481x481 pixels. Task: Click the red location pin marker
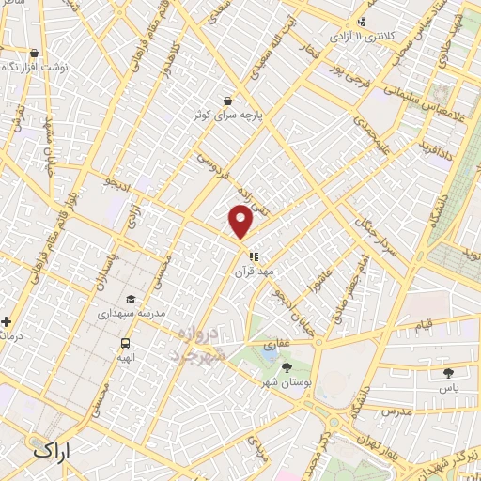[241, 222]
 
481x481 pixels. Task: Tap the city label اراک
[52, 451]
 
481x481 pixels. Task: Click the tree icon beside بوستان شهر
[287, 367]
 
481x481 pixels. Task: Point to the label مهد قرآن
[254, 271]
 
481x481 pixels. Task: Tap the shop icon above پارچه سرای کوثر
[228, 101]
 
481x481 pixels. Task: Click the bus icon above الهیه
[125, 343]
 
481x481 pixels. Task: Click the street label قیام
[425, 324]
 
